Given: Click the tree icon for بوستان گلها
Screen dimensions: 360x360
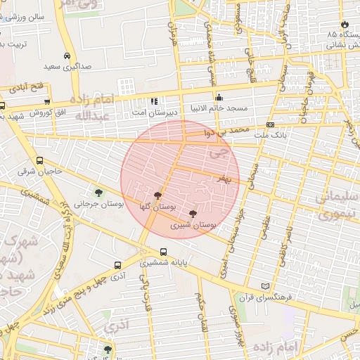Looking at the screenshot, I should [x=157, y=195].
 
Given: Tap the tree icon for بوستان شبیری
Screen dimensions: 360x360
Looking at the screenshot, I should [x=193, y=214].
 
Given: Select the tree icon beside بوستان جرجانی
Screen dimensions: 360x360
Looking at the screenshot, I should [x=98, y=192].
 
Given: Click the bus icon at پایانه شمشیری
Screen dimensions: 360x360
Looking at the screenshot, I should [x=163, y=252].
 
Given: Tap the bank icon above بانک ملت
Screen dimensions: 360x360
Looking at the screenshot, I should [x=270, y=125].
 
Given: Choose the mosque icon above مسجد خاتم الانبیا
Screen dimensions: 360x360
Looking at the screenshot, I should [x=219, y=98].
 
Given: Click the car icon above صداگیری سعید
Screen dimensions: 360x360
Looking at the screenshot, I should [x=66, y=56].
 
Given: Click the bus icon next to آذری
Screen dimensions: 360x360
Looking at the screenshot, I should [x=117, y=266].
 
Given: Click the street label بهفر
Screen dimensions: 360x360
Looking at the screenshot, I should [x=224, y=179].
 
